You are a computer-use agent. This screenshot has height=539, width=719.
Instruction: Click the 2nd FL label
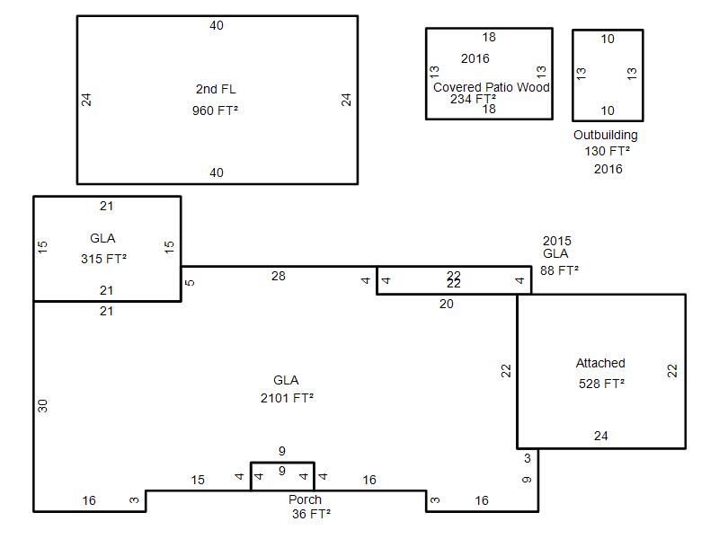click(216, 89)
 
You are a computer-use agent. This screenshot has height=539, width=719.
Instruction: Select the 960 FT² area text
click(215, 110)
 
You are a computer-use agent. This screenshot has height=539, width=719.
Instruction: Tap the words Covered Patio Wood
click(491, 87)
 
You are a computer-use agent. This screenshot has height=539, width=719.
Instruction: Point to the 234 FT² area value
click(473, 99)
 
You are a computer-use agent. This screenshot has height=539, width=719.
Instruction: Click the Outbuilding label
click(605, 136)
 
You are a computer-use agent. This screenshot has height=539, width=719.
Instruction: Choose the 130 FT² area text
click(608, 151)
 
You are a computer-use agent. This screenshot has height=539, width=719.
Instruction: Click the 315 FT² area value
click(103, 259)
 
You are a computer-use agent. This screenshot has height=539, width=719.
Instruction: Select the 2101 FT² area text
click(287, 398)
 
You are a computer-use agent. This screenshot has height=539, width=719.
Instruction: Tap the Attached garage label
click(600, 363)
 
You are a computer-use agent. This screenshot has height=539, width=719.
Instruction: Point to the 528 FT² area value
click(601, 384)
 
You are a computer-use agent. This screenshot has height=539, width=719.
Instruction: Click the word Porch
click(305, 499)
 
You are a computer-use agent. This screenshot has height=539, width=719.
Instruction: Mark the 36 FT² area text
click(311, 514)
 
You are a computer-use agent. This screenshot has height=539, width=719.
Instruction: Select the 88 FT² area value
click(559, 270)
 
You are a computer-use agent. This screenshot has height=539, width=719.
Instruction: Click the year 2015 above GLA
click(557, 241)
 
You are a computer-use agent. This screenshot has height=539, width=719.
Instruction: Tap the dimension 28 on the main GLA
click(279, 276)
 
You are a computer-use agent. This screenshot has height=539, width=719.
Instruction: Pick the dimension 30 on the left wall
click(42, 406)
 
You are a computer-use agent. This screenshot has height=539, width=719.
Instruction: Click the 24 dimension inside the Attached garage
click(600, 436)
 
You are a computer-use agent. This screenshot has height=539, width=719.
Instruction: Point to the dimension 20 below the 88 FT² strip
click(446, 304)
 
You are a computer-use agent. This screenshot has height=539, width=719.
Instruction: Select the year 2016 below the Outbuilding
click(608, 169)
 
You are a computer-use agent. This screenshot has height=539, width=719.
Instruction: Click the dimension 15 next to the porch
click(198, 480)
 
